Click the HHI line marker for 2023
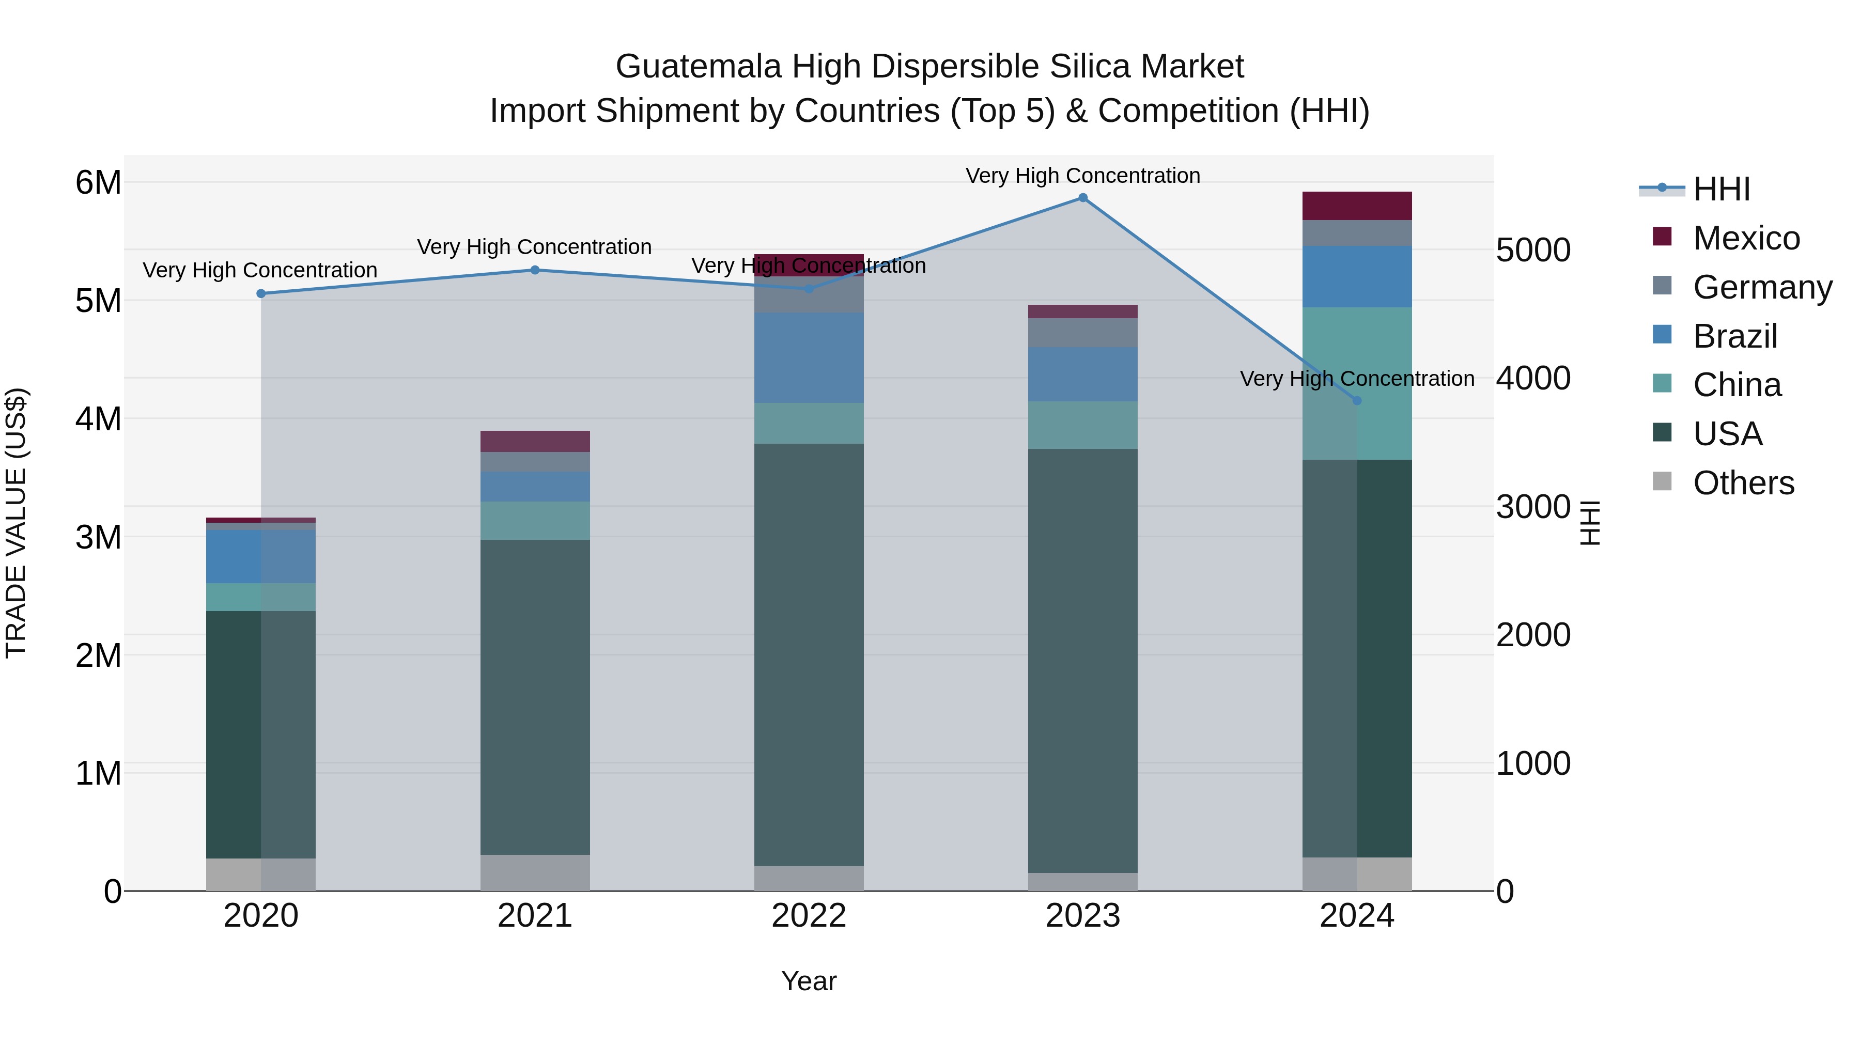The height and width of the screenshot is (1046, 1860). tap(1082, 198)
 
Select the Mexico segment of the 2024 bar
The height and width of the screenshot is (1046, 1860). tap(1357, 206)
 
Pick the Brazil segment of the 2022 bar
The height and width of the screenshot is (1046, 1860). tap(809, 357)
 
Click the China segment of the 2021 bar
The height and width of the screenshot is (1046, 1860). tap(535, 521)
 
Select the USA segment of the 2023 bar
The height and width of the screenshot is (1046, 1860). tap(1082, 661)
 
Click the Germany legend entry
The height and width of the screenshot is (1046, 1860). tap(1762, 287)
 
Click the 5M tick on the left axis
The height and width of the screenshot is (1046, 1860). tap(98, 300)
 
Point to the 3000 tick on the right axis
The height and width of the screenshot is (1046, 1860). tap(1533, 506)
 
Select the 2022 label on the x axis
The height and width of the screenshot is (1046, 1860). tap(809, 916)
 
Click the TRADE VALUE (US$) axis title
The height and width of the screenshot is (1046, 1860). tap(17, 523)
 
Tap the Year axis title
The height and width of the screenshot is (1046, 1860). tap(809, 981)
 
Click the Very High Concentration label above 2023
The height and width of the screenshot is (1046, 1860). tap(1082, 176)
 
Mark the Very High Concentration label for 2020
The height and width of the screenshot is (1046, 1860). tap(260, 270)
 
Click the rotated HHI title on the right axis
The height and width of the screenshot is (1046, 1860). tap(1589, 523)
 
